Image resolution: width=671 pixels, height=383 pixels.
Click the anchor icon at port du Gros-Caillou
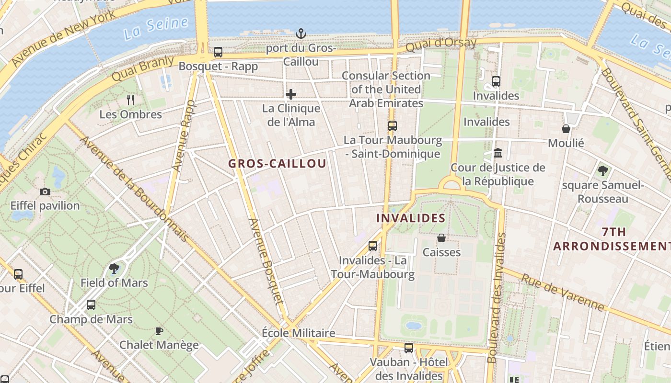(x=301, y=34)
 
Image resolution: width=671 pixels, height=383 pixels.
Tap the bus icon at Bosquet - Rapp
(x=218, y=52)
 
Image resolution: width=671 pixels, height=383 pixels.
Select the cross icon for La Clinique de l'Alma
(x=291, y=94)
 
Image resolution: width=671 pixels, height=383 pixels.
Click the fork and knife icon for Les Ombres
(x=130, y=100)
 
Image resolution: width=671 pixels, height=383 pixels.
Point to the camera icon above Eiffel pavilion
(x=45, y=191)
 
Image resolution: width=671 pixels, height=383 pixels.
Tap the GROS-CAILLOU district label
(x=277, y=164)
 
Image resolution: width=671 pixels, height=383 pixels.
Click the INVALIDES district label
(x=411, y=218)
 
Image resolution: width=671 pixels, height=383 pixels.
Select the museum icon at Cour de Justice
(x=498, y=153)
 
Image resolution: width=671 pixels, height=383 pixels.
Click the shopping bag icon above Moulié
(x=566, y=129)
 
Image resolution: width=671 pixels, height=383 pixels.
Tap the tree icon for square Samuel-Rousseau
(x=603, y=170)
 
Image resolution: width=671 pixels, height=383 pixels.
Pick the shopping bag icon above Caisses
(x=441, y=238)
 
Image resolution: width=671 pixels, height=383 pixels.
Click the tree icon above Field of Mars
(x=114, y=268)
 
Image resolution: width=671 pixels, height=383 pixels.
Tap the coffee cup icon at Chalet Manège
(x=159, y=331)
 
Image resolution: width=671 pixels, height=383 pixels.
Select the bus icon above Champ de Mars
(x=91, y=305)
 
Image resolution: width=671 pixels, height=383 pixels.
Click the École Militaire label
(x=299, y=333)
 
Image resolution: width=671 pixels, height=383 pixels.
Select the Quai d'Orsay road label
(x=441, y=45)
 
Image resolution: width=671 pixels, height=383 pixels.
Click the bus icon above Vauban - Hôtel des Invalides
(x=409, y=348)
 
